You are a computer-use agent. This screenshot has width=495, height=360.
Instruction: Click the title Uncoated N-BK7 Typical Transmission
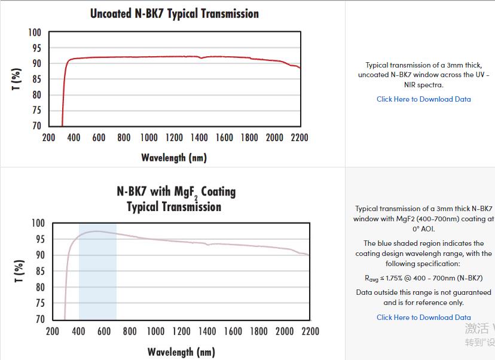point(175,13)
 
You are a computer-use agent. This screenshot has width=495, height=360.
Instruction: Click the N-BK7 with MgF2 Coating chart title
point(176,192)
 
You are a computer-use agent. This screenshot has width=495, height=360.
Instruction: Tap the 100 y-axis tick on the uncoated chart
point(35,32)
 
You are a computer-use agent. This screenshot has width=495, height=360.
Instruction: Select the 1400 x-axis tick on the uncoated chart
point(199,138)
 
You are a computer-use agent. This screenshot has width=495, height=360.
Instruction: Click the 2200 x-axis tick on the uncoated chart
point(299,138)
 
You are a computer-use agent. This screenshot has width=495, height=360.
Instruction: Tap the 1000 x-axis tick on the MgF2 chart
point(155,331)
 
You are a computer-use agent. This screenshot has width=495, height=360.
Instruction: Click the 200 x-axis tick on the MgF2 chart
point(53,331)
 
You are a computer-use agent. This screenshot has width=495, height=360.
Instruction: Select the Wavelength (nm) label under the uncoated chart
point(174,158)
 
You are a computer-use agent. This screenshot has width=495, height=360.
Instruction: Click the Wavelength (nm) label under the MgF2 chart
point(181,352)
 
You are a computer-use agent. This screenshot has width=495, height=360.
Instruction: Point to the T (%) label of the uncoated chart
point(17,79)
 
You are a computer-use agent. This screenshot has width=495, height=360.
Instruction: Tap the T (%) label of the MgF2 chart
point(19,271)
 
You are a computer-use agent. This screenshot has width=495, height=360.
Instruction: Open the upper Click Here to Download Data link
point(423,99)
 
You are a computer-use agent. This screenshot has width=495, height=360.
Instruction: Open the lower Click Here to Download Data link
point(423,318)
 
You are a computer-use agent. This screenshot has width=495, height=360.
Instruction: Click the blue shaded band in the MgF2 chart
point(97,281)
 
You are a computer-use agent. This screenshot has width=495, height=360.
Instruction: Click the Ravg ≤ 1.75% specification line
point(423,278)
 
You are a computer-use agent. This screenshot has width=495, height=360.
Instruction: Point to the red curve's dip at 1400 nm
point(201,58)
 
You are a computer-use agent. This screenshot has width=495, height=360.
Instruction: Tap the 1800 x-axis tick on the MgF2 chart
point(258,331)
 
